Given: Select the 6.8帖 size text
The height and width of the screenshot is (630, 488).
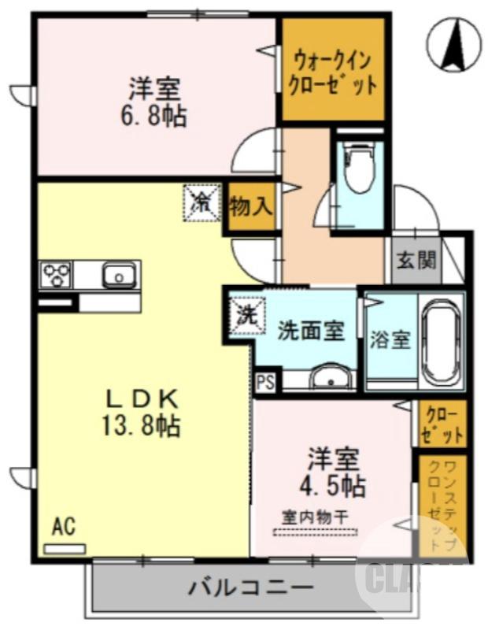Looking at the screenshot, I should pos(154,116).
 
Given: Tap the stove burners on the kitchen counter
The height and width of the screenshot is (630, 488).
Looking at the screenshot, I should pos(57,275).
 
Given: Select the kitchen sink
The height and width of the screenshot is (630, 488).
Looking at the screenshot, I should pos(117,276).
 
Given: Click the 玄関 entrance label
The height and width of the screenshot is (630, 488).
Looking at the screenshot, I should pos(416,261).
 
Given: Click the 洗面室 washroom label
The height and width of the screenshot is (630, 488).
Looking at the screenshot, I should pos(310,332).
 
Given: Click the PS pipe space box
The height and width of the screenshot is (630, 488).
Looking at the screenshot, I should pos(264,384).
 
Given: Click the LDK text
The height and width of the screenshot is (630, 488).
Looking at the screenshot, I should pos(140,398).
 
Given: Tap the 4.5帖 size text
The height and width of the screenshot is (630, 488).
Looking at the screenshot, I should pos(334,485).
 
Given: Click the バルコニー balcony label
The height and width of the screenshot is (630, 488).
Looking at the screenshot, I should pos(251,587).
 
